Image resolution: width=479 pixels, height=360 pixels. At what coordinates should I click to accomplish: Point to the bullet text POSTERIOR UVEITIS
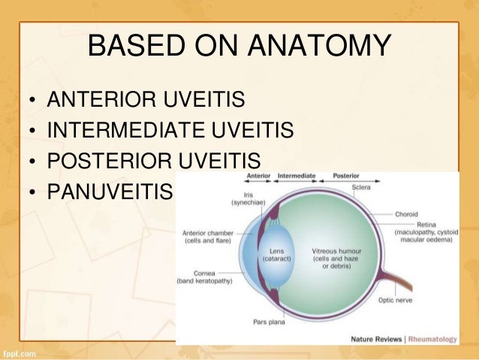[x=153, y=162]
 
